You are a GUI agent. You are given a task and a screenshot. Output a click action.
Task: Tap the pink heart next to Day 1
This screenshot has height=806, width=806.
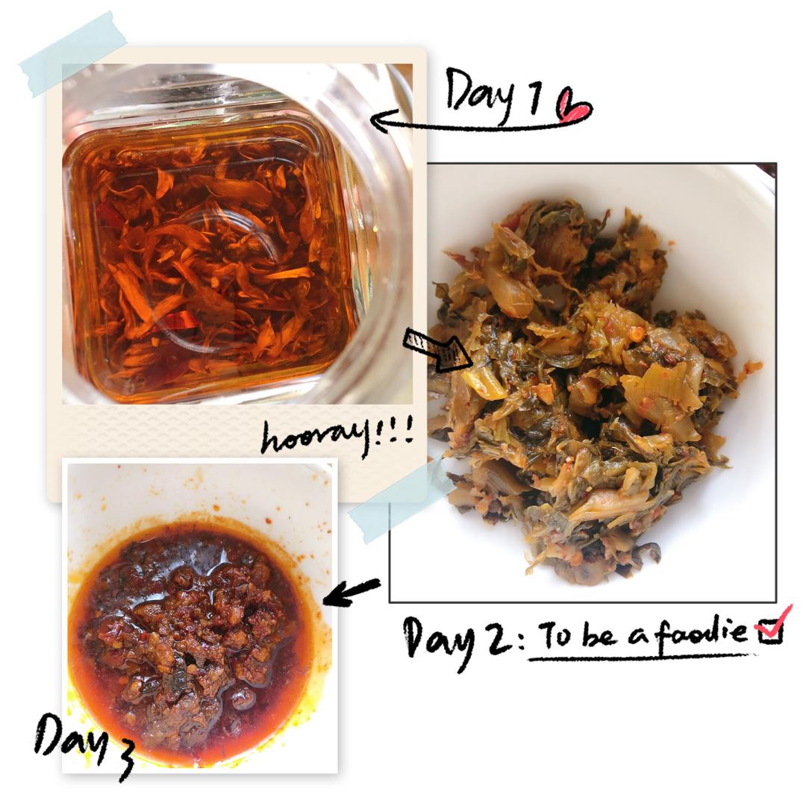(x=574, y=106)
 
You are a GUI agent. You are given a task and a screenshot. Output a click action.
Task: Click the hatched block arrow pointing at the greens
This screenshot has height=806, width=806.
(x=437, y=349)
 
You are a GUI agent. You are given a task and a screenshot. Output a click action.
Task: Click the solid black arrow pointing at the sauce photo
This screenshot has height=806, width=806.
(x=352, y=591)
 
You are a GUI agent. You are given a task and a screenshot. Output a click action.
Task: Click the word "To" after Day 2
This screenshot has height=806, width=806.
(x=555, y=635)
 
